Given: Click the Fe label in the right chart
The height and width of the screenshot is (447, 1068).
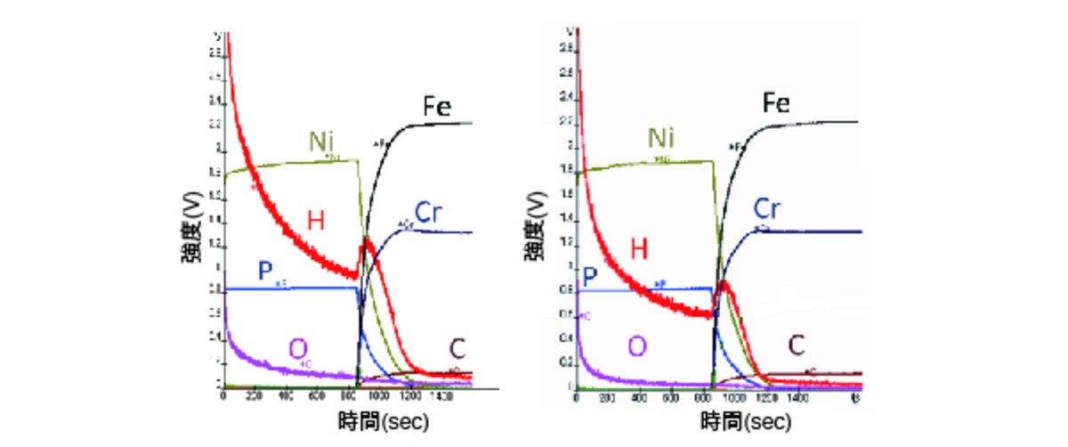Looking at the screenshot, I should coord(776,103).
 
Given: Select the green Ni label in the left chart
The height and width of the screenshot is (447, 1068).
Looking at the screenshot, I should coord(321,142).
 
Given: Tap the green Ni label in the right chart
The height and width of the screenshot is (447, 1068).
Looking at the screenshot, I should coord(659,139).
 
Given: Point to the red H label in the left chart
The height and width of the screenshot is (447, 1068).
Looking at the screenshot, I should coord(316,219).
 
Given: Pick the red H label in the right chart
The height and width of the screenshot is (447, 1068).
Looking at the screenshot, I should coord(638,250).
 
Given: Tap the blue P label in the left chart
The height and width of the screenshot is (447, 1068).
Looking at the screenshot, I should coord(265,272).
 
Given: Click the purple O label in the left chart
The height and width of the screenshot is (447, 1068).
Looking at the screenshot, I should coord(297,348).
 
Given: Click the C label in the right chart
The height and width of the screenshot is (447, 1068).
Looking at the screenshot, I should coord(797,345).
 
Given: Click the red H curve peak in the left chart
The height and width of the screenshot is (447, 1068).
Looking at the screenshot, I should coord(365,241).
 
